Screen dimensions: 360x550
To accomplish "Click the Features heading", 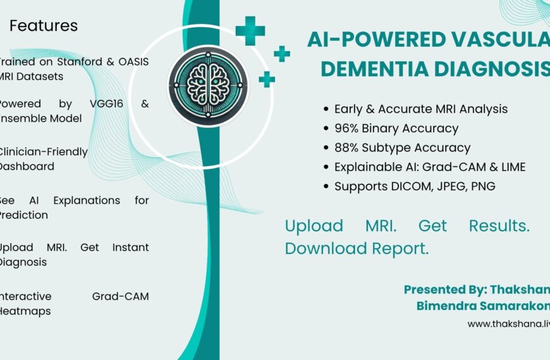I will (x=44, y=26).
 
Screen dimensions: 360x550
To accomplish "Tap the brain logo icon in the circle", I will (x=204, y=85).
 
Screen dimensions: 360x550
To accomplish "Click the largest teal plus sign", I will (x=250, y=31).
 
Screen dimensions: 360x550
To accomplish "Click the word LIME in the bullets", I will (x=512, y=167).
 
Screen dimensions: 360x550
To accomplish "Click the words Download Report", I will (x=357, y=249).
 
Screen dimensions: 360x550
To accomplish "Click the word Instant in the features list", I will (x=130, y=248).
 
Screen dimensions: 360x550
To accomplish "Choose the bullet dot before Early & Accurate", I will (x=326, y=109).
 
